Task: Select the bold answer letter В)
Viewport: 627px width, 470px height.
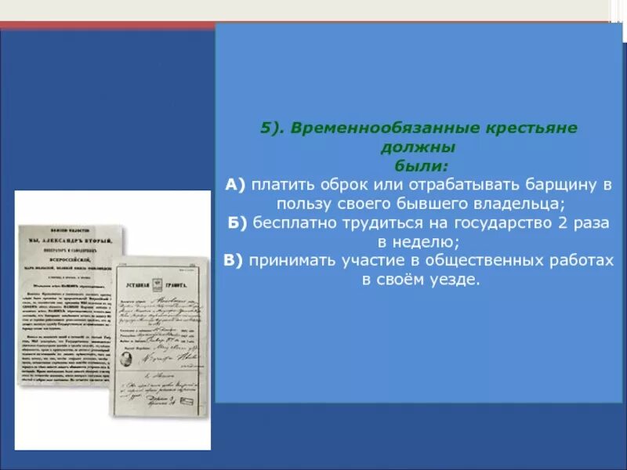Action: (x=233, y=260)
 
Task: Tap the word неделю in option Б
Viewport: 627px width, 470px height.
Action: (x=432, y=241)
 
